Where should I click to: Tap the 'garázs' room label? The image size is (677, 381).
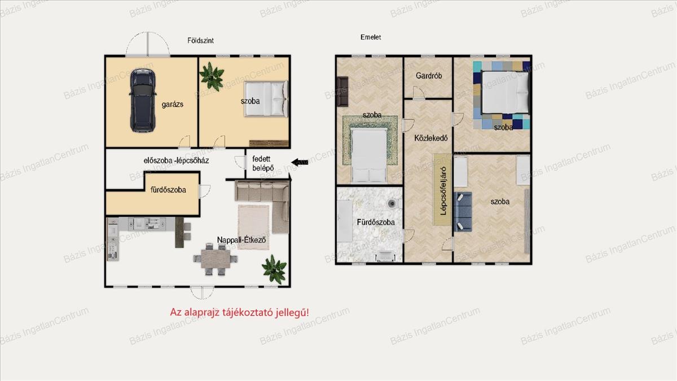click(172, 104)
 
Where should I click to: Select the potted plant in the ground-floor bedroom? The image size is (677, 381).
click(212, 76)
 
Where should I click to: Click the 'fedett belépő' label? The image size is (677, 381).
click(263, 163)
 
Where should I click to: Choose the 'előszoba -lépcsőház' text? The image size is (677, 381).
click(176, 160)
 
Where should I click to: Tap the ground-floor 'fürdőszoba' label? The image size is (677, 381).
click(168, 190)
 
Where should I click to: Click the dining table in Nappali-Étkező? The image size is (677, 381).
click(216, 259)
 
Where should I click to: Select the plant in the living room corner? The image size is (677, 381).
click(274, 269)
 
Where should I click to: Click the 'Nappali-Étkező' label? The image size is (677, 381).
click(241, 240)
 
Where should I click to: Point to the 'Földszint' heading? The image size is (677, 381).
click(200, 41)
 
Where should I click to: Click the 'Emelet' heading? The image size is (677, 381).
click(371, 37)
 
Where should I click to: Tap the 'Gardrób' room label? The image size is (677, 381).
click(429, 76)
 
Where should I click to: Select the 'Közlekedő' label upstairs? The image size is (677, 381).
click(430, 138)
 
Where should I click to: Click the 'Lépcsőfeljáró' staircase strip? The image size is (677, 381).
click(442, 190)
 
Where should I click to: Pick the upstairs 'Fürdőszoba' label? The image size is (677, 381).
click(376, 222)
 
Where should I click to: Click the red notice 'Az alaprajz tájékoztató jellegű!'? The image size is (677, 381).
click(239, 312)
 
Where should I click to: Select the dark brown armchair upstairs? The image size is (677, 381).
click(343, 91)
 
